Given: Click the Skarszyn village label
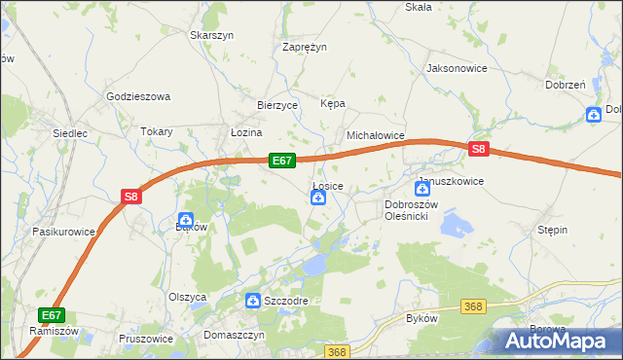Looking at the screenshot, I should [213, 35].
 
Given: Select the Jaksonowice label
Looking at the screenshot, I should [457, 69].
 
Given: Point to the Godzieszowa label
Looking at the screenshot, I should [138, 96].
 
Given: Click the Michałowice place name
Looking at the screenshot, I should [376, 137].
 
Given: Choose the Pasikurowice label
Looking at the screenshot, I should [63, 233].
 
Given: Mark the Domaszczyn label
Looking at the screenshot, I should [235, 335].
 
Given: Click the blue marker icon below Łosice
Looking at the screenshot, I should [317, 198].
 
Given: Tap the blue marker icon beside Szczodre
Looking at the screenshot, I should [253, 302].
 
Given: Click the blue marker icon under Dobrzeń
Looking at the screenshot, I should [594, 115].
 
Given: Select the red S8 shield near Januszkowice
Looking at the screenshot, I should [478, 149].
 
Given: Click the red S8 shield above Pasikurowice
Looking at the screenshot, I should [131, 197].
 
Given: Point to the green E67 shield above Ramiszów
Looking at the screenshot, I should [52, 315].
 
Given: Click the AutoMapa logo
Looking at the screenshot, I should [559, 341].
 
